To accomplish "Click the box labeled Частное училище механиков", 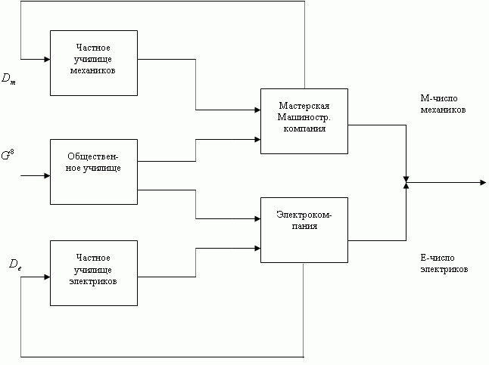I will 94,63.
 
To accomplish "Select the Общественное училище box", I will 94,172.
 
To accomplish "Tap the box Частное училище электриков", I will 94,272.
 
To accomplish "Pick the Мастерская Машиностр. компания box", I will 304,121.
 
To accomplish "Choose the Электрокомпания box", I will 304,229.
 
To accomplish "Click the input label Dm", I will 8,78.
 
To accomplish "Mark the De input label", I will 14,264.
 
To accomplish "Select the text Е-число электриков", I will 443,263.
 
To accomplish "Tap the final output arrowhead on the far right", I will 481,182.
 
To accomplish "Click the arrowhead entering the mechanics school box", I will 45,58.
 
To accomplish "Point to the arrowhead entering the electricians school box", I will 45,277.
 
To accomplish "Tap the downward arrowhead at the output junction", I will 406,177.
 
